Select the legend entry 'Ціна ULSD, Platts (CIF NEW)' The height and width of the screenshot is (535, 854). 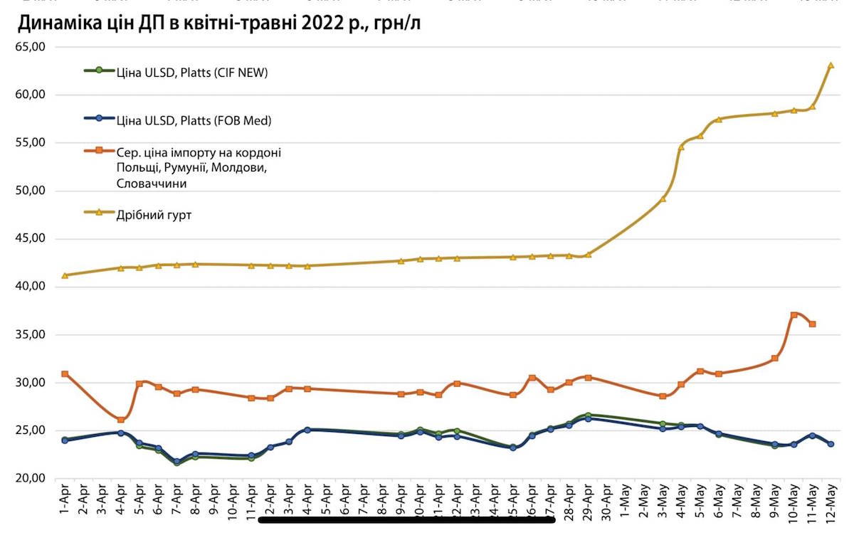pos(192,72)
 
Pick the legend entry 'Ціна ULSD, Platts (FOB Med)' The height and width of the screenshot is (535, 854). pos(194,121)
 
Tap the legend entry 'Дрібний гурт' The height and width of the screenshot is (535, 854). pos(154,214)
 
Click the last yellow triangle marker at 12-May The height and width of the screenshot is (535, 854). pos(831,65)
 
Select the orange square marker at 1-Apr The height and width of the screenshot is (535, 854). pos(65,374)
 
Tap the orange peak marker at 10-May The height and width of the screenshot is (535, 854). pos(794,315)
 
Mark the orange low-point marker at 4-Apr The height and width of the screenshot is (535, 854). pos(121,420)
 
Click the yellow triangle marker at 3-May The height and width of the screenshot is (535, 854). pos(663,198)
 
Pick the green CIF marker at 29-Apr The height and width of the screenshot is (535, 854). pos(588,415)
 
